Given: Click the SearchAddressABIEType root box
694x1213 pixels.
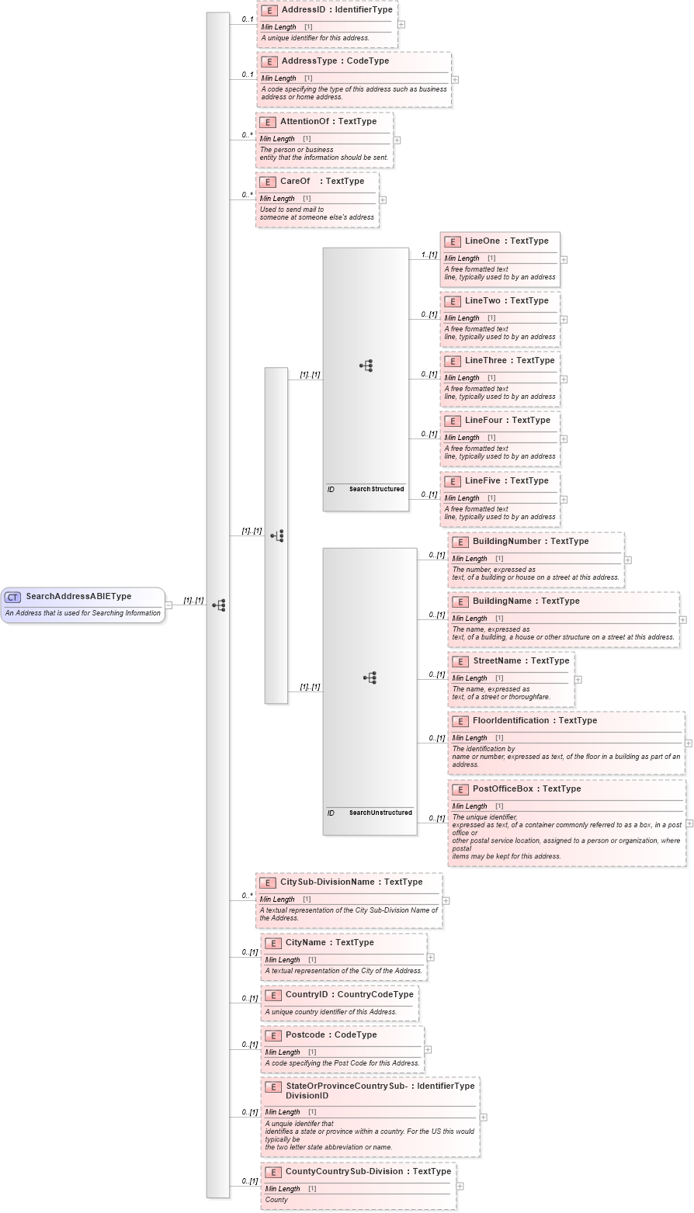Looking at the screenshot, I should [x=83, y=605].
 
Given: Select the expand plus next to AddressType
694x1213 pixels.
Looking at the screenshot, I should [x=455, y=79].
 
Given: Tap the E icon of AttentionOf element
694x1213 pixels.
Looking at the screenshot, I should [x=267, y=122].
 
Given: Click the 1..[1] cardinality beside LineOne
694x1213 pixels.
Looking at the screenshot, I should [x=429, y=255].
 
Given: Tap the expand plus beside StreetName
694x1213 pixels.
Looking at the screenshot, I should [x=578, y=679].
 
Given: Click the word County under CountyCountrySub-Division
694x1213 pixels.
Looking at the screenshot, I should [x=276, y=1200].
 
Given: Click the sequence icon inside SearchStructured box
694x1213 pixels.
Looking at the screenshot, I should [x=366, y=366].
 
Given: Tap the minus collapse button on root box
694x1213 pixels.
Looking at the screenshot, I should [x=168, y=605].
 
